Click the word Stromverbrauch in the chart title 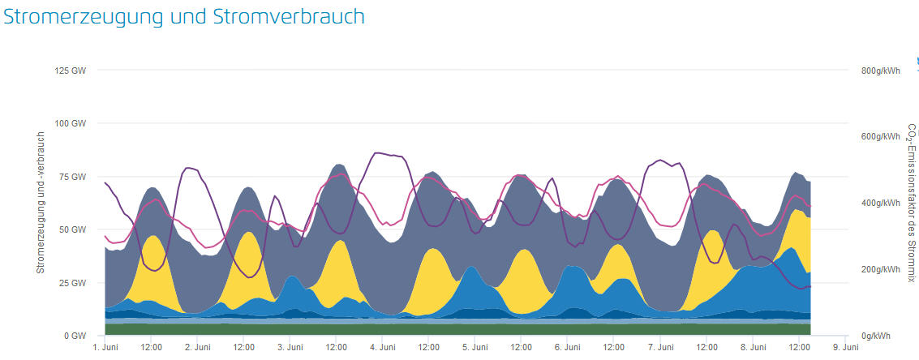pos(289,16)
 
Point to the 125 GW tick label pos(71,71)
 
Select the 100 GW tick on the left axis pos(71,123)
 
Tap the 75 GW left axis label pos(73,177)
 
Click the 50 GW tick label pos(73,229)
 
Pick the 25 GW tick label pos(73,283)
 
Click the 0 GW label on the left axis pos(75,336)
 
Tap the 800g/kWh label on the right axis pos(881,71)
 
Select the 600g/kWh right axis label pos(881,136)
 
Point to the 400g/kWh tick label pos(881,203)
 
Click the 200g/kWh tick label pos(881,269)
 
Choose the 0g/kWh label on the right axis pos(876,336)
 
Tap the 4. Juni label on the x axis pos(383,348)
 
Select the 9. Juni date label pos(846,348)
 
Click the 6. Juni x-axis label pos(568,348)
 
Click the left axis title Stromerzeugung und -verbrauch pos(41,203)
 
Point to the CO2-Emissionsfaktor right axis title pos(911,203)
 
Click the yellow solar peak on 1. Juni pos(152,259)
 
